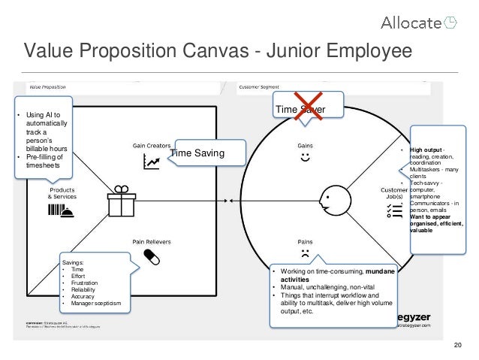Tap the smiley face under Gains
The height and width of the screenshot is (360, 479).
click(305, 158)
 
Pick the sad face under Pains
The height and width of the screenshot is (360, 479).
click(305, 254)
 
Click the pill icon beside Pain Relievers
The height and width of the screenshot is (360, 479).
click(151, 256)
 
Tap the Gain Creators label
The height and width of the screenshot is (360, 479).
click(152, 145)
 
